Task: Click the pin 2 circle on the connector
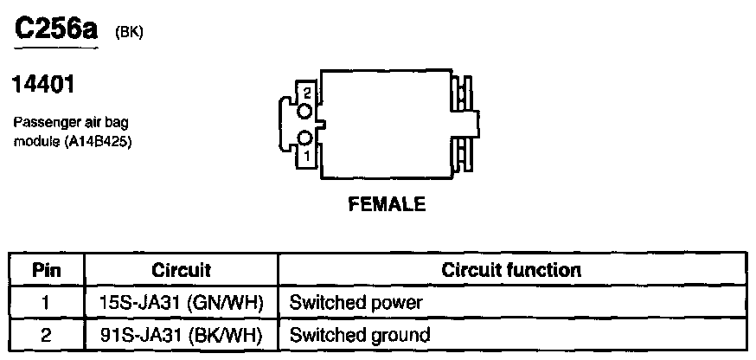coord(304,111)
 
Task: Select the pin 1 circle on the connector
coord(304,138)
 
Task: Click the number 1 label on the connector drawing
coord(306,157)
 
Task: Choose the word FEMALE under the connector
coord(387,205)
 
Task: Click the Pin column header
coord(45,270)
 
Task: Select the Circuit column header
coord(181,270)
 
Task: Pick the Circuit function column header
coord(510,270)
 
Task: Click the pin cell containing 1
coord(45,303)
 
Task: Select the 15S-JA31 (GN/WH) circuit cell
coord(181,303)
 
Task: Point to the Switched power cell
coord(356,303)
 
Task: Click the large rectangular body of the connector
coord(385,125)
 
